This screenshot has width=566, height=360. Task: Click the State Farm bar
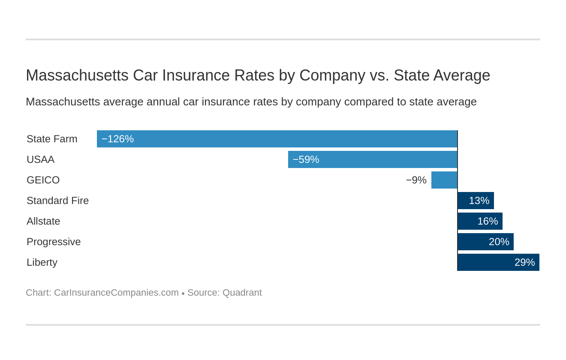[x=277, y=139]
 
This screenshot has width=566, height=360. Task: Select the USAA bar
[x=373, y=159]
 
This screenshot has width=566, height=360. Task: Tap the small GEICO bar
[x=444, y=180]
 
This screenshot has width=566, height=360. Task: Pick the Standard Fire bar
[x=476, y=201]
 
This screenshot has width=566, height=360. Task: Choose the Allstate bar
[x=480, y=221]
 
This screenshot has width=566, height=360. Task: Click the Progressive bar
[x=485, y=242]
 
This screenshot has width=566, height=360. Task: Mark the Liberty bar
[x=498, y=262]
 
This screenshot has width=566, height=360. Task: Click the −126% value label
[x=117, y=139]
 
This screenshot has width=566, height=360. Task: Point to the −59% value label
[x=306, y=159]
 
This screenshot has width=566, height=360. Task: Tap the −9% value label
[x=416, y=180]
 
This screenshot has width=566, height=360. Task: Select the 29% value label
[x=524, y=262]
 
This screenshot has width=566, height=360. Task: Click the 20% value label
[x=499, y=242]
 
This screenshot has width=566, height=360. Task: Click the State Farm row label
[x=52, y=139]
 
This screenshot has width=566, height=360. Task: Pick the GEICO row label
[x=43, y=180]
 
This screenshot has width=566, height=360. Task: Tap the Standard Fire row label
[x=57, y=201]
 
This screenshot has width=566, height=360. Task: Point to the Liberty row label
[x=42, y=262]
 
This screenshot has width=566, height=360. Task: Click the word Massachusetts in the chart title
[x=77, y=75]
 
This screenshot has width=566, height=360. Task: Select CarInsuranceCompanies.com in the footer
[x=116, y=293]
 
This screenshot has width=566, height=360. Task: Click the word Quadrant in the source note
[x=242, y=293]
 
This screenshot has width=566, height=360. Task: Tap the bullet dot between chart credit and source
[x=183, y=294]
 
